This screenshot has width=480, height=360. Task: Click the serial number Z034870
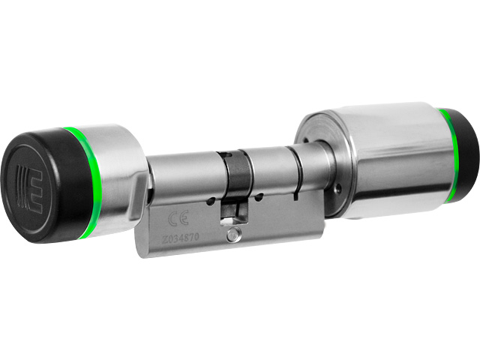click(x=184, y=238)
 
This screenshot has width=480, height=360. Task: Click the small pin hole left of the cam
click(x=214, y=201)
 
